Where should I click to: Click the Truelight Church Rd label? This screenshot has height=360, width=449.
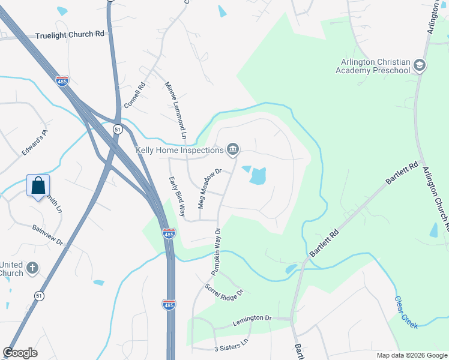70,35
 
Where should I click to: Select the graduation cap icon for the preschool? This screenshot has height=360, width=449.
420,65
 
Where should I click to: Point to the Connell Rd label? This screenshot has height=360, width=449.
135,95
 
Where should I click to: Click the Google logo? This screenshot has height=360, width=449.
20,353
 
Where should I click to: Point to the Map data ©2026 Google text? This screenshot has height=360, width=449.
411,355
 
